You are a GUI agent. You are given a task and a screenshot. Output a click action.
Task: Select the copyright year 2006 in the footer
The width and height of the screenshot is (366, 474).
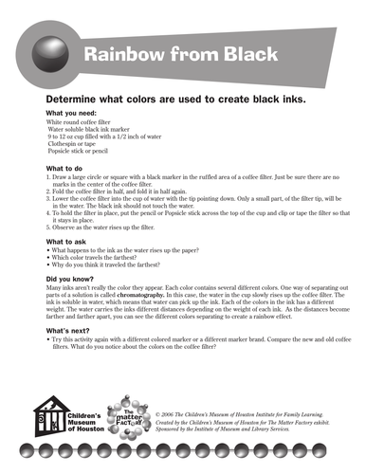[x=167, y=414]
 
